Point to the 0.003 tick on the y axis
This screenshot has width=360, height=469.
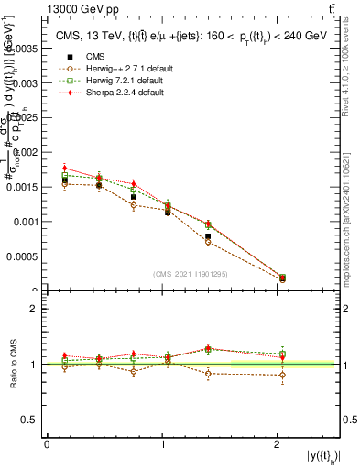(x=27, y=82)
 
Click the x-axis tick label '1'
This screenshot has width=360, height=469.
(x=163, y=444)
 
